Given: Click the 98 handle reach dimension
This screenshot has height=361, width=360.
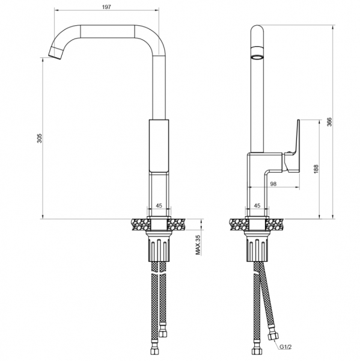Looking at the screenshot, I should point(273,184).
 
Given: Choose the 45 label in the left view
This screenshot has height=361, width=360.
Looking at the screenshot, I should point(159,206).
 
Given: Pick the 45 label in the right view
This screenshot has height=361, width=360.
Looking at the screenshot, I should point(257,206).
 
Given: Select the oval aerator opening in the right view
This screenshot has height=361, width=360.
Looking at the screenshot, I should point(257,57).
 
